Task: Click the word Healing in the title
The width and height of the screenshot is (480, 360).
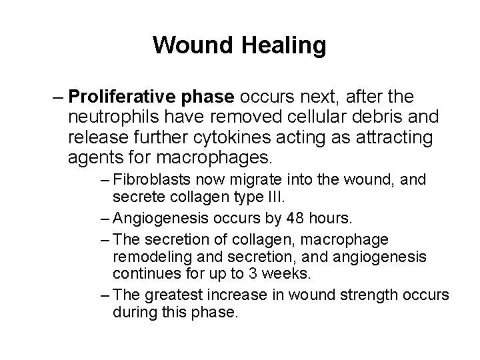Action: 287,46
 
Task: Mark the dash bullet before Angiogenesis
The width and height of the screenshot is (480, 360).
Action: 107,219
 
